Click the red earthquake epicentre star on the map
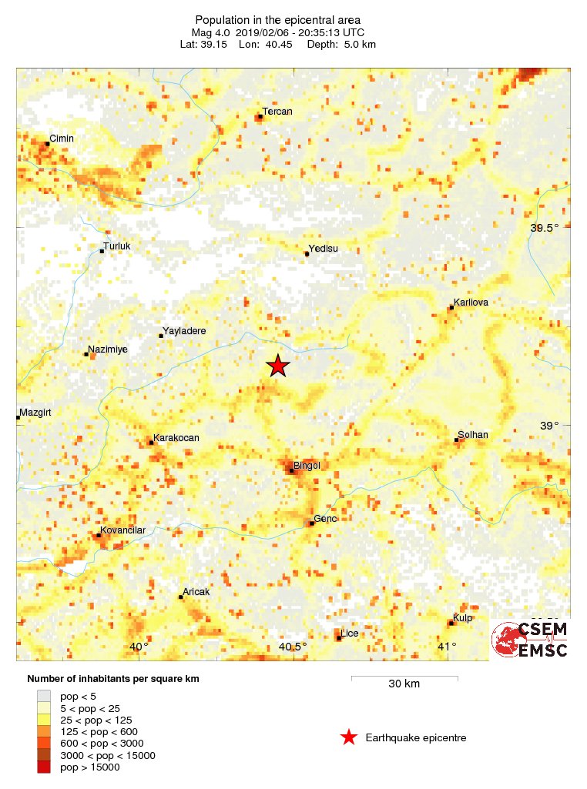(278, 366)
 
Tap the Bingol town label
(307, 466)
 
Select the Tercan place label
(277, 112)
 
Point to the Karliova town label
(471, 303)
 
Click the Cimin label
(62, 138)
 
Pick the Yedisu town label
(324, 249)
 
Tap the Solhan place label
(473, 435)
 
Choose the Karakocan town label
(176, 438)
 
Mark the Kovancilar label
(122, 530)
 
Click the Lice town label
(350, 634)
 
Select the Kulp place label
(463, 618)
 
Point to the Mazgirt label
(35, 413)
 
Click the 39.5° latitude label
(545, 228)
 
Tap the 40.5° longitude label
(293, 647)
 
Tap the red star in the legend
(349, 738)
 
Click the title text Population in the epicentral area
(278, 20)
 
